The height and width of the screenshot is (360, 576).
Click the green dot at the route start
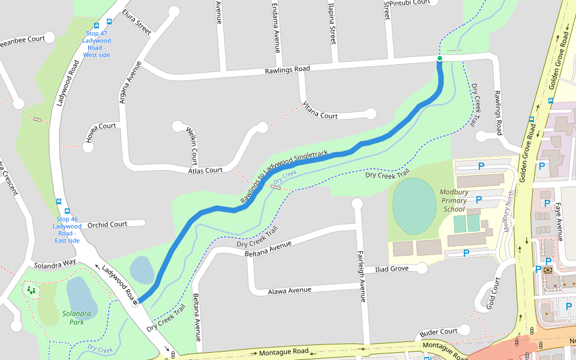click(x=440, y=58)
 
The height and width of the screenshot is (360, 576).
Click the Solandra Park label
click(x=76, y=317)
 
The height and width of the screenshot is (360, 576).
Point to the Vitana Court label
click(x=320, y=110)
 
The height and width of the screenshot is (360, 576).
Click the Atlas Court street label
click(x=205, y=170)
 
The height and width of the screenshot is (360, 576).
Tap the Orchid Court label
click(x=107, y=224)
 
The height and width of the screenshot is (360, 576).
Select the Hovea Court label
click(x=100, y=126)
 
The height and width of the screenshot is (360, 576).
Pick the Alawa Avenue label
click(x=290, y=290)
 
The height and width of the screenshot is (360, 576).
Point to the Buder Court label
click(x=439, y=332)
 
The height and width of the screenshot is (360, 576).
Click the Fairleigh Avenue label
click(x=361, y=275)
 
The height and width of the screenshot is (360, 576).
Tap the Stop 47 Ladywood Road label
click(x=97, y=44)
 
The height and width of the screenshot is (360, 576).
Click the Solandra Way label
click(x=55, y=264)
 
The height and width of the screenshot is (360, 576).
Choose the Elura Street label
click(x=136, y=21)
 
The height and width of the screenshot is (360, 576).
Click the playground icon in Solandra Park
click(x=31, y=290)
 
